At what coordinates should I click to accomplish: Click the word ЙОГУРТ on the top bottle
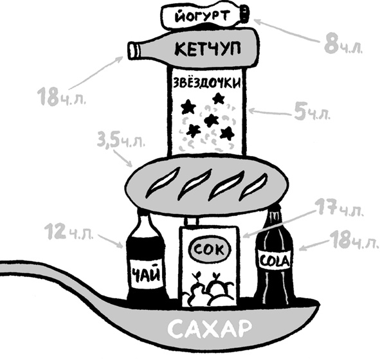pos(202,16)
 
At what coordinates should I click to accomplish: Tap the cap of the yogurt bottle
pos(244,14)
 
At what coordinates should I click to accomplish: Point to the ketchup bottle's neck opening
pos(132,51)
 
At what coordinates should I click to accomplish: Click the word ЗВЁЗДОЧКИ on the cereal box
pos(207,83)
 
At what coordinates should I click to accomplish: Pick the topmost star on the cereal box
pos(218,98)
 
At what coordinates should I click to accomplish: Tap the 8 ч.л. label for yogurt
pos(343,46)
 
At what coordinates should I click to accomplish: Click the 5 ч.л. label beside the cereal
pos(312,111)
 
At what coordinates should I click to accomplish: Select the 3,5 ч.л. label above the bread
pos(121,140)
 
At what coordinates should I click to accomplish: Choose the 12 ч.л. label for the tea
pos(69,232)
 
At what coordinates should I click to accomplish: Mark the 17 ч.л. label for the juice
pos(339,207)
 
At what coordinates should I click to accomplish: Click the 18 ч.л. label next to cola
pos(354,240)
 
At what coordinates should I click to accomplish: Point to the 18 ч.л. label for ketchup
pos(62,97)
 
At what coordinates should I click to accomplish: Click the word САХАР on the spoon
pos(210,329)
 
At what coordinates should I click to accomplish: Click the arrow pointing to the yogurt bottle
pos(287,32)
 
